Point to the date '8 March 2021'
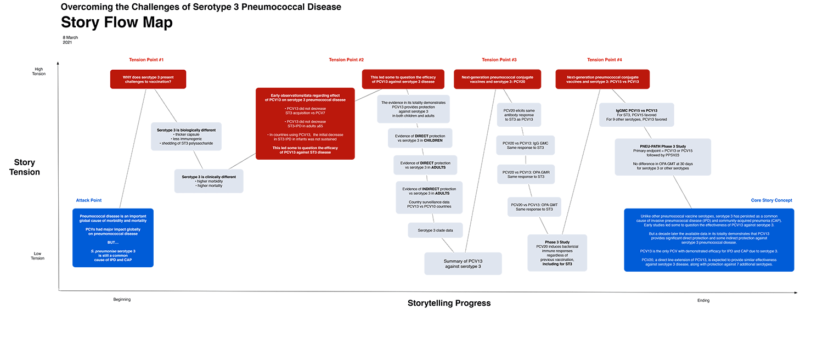pyautogui.click(x=70, y=40)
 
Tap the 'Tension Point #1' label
pyautogui.click(x=146, y=60)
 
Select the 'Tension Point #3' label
pyautogui.click(x=499, y=60)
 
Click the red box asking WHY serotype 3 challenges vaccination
pyautogui.click(x=148, y=79)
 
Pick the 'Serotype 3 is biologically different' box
pyautogui.click(x=186, y=137)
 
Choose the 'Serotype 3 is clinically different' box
pyautogui.click(x=208, y=181)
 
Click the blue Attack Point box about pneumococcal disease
pyautogui.click(x=113, y=238)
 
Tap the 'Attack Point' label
pyautogui.click(x=89, y=200)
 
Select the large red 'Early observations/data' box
pyautogui.click(x=305, y=124)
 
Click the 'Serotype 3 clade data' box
pyautogui.click(x=435, y=230)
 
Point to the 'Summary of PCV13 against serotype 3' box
pyautogui.click(x=463, y=263)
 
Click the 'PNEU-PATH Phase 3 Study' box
pyautogui.click(x=663, y=157)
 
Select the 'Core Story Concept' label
pyautogui.click(x=771, y=200)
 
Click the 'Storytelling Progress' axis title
pyautogui.click(x=449, y=303)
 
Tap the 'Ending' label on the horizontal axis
pyautogui.click(x=703, y=300)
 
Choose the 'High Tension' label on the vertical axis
pyautogui.click(x=39, y=71)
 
